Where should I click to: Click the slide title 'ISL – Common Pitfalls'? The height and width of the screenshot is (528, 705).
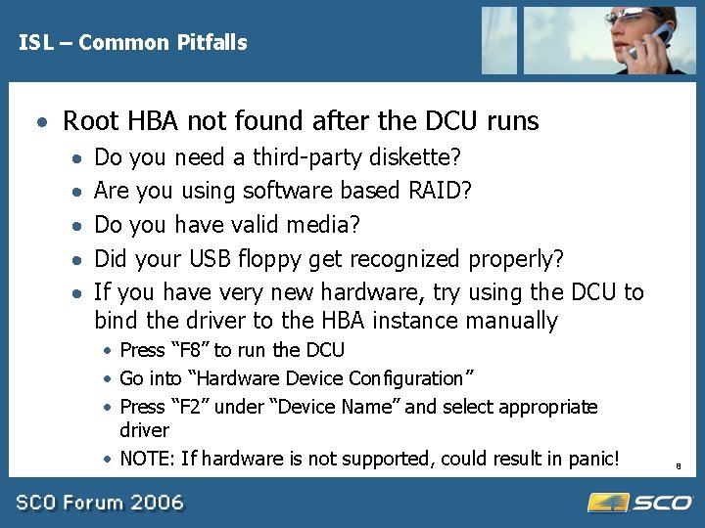tap(132, 42)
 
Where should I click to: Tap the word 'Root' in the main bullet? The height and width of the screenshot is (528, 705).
tap(89, 121)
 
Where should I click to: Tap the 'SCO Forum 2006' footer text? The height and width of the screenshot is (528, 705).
tap(99, 503)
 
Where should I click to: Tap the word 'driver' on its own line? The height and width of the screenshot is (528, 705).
tap(144, 430)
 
